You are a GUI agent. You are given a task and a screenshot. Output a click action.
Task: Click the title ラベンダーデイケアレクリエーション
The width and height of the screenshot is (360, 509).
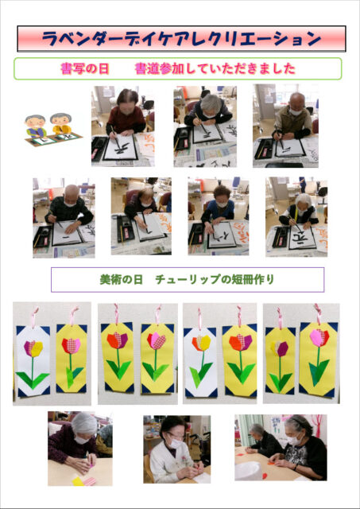point(181,39)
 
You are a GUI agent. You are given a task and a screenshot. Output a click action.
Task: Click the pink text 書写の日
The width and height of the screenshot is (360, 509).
point(85,69)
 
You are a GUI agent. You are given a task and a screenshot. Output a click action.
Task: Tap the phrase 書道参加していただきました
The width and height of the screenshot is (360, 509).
point(215,69)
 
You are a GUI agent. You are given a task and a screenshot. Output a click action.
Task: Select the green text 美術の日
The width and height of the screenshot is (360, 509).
point(122,279)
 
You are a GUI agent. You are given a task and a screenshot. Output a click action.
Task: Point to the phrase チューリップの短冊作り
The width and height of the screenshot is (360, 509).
point(215,279)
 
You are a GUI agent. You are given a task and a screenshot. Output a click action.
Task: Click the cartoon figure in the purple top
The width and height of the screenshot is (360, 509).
point(36,126)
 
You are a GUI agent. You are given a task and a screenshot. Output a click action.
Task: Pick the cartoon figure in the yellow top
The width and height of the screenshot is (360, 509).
point(61,124)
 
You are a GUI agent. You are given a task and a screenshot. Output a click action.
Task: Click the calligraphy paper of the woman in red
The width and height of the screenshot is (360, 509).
point(121,148)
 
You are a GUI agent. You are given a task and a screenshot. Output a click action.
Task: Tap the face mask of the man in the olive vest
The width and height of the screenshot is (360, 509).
point(296,112)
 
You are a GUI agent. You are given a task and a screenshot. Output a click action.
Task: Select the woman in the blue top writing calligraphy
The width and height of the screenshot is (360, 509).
point(218,208)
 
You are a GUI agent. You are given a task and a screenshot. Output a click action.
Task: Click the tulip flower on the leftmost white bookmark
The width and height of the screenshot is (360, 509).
point(33,348)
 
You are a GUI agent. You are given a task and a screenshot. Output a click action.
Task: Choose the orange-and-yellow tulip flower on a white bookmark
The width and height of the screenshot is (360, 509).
point(201,343)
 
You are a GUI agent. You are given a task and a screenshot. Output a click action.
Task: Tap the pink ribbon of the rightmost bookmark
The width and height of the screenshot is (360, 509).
point(318,313)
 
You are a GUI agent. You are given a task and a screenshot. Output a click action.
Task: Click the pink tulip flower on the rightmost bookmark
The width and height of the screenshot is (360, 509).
point(319,337)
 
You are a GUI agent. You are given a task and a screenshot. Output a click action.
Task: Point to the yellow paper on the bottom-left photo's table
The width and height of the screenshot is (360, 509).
point(78,481)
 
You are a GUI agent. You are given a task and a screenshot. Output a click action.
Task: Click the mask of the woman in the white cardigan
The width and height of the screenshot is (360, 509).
point(176,443)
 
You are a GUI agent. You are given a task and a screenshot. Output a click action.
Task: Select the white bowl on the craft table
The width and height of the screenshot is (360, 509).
point(248,471)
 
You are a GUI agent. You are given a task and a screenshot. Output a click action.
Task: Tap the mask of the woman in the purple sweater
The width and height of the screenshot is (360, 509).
point(82,440)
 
